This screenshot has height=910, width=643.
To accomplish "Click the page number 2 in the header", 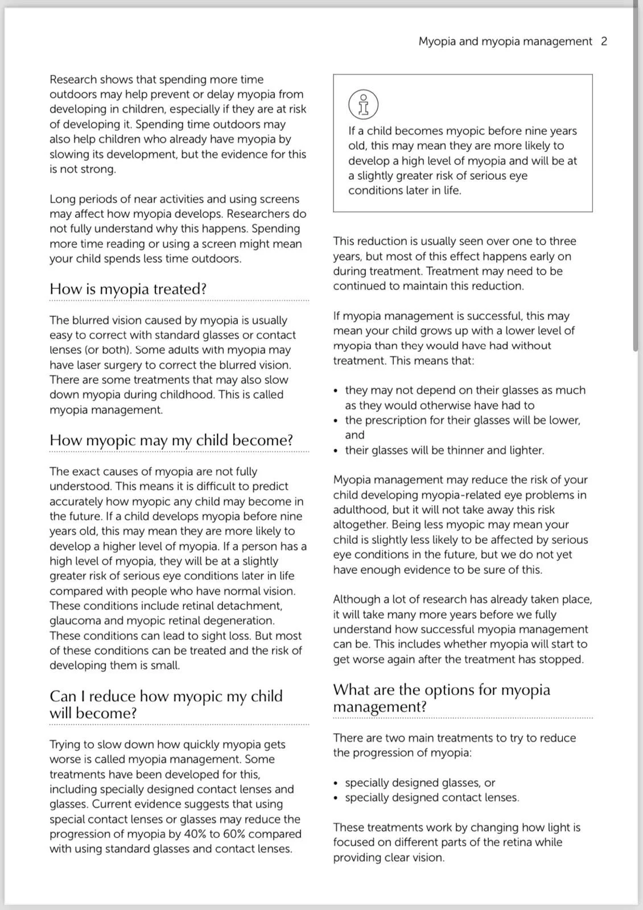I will pos(604,42).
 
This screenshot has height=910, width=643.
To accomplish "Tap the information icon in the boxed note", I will pos(363,104).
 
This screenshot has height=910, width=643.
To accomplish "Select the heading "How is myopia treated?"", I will pos(128,289).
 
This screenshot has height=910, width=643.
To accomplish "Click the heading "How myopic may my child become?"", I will pos(171,440).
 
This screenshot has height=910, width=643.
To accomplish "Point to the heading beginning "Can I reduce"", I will pos(166,704).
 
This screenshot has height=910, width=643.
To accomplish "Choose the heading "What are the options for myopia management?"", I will pos(441,698).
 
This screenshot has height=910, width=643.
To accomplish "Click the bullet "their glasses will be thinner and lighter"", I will pos(444,450).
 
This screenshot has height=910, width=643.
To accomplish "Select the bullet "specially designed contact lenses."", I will pos(432,797).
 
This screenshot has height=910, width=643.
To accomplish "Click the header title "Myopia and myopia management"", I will pos(505,42).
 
